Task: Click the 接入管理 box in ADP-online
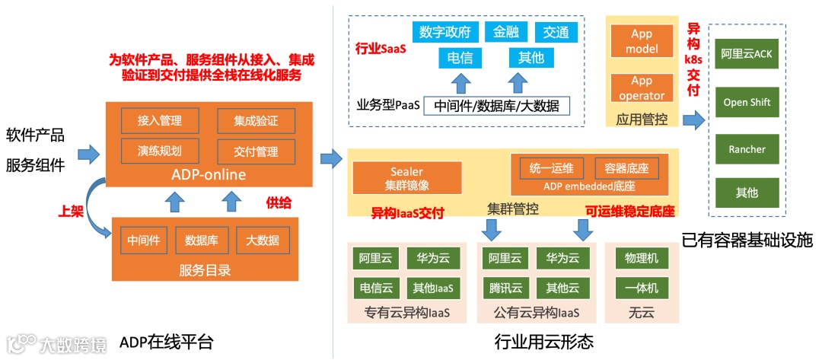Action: [x=160, y=120]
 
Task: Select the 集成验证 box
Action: [x=256, y=120]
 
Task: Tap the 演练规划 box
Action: [x=160, y=150]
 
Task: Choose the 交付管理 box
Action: [x=256, y=151]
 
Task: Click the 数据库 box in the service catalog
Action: [x=202, y=241]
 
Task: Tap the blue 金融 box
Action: [x=506, y=33]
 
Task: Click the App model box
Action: [x=642, y=41]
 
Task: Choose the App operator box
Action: [x=642, y=88]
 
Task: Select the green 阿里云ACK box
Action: [x=747, y=55]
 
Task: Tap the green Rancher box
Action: [x=747, y=149]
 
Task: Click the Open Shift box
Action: [x=747, y=102]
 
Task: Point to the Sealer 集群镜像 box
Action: [x=407, y=178]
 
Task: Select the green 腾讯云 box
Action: [x=505, y=288]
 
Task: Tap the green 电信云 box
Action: [x=376, y=288]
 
